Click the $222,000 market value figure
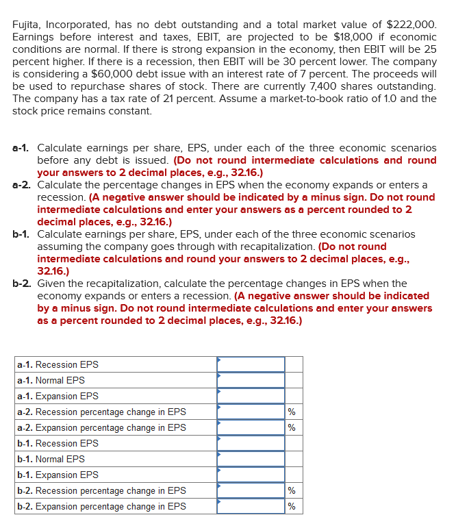tap(409, 25)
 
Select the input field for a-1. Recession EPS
tap(251, 364)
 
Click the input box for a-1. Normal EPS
tap(251, 380)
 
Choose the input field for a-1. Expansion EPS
tap(251, 396)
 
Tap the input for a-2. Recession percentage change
tap(251, 412)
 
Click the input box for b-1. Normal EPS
tap(251, 459)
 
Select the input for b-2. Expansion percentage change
tap(251, 506)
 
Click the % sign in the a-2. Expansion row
tap(292, 428)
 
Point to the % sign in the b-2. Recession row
tap(292, 491)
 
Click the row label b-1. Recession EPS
tap(58, 443)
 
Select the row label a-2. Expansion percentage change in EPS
tap(101, 427)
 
